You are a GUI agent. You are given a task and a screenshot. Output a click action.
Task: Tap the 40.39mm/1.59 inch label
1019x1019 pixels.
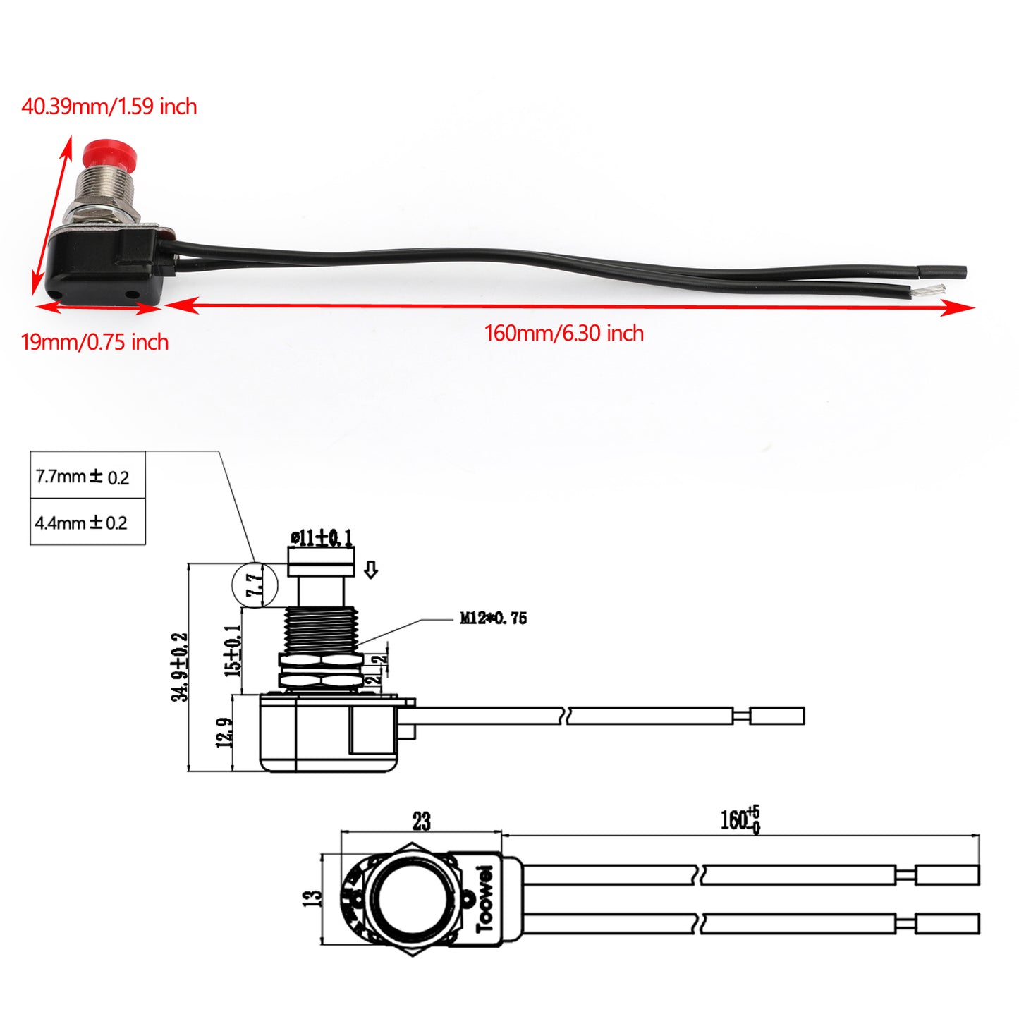tap(109, 106)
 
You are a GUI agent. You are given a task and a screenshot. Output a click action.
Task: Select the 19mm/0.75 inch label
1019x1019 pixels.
tap(94, 342)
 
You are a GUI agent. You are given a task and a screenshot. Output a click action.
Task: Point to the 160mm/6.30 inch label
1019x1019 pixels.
tap(563, 333)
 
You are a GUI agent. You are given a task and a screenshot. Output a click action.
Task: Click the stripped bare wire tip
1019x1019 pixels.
tap(932, 289)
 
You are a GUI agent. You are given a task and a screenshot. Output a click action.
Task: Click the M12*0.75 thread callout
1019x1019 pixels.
tap(493, 618)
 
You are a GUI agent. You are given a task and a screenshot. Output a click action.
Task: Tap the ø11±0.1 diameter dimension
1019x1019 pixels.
tap(322, 538)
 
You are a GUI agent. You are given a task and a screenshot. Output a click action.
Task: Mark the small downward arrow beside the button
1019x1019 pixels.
tap(371, 570)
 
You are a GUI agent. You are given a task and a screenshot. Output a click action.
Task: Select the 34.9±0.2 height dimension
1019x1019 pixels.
tap(180, 666)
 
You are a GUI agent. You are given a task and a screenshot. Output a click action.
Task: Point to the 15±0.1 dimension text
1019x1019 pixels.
tap(233, 650)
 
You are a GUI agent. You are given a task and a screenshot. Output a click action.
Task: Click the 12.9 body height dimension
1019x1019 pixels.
tap(224, 733)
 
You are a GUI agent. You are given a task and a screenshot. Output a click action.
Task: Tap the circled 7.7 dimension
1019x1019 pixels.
tap(255, 585)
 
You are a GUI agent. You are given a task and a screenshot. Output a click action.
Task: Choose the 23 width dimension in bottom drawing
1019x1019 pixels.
tap(421, 821)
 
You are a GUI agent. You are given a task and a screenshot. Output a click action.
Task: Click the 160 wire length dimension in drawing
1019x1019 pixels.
tap(739, 819)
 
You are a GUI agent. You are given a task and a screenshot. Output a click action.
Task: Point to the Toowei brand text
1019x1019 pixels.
tap(485, 898)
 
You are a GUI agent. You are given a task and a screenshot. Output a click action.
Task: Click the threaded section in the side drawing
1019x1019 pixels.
tap(321, 630)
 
